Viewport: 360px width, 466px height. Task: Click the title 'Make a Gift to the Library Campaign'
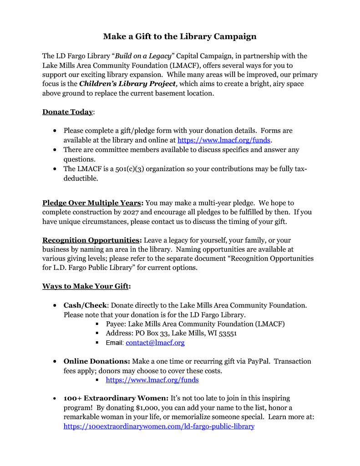180,36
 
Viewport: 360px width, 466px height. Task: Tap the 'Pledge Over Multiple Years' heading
92,203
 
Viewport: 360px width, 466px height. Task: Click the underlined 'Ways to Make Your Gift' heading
86,286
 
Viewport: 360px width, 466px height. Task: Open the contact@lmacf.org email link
155,343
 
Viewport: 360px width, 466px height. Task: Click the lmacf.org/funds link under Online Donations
152,380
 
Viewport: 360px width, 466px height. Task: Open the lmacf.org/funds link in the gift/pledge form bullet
223,140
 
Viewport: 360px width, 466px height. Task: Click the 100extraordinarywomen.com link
159,426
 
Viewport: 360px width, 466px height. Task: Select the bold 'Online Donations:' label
97,361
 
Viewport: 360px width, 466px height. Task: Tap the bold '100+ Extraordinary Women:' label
116,399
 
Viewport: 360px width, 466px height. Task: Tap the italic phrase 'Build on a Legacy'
143,56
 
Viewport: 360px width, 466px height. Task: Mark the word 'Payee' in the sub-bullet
115,324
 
